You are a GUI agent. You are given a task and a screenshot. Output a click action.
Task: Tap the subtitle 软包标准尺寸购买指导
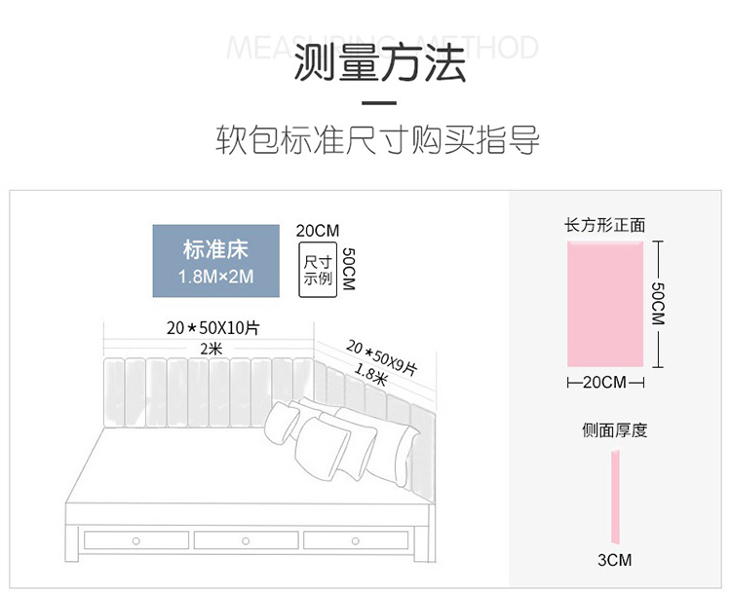coord(378,139)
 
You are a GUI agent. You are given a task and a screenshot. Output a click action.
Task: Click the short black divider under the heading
coord(379,101)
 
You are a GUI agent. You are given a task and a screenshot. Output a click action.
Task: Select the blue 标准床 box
coord(215,260)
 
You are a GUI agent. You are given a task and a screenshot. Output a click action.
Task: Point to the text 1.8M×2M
coord(215,277)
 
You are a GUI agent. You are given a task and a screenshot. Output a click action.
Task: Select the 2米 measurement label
coord(212,349)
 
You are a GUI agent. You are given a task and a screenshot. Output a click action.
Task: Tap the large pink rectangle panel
coord(605,303)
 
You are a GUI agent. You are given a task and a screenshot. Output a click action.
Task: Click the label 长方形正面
coord(605,225)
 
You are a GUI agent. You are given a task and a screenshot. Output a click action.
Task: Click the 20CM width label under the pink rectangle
coord(605,382)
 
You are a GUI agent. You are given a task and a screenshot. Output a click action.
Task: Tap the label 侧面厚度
coord(614,429)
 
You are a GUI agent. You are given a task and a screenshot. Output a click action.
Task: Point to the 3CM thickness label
coord(614,560)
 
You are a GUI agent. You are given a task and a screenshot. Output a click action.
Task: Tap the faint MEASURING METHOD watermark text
coord(381,47)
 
